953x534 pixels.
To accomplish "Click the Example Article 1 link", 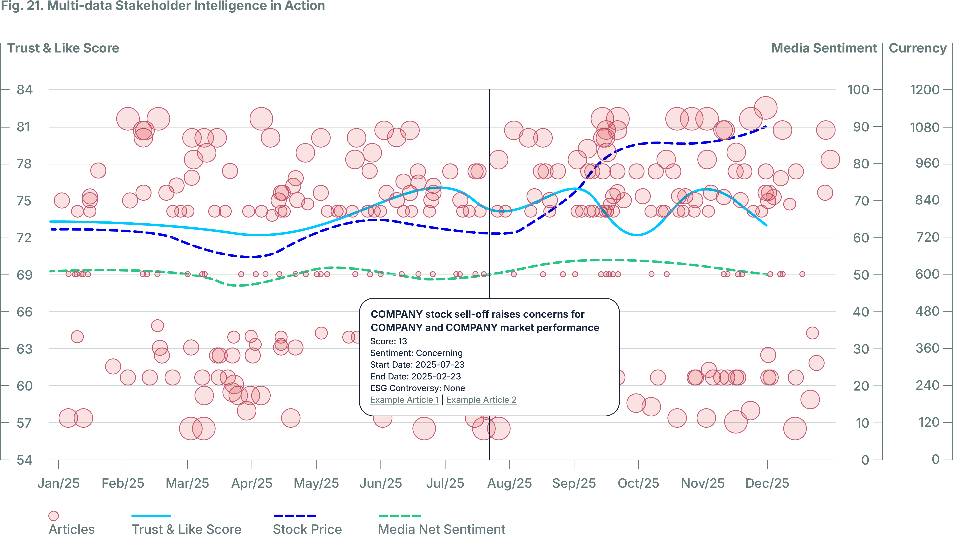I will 404,400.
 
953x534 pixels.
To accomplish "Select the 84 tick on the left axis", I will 25,89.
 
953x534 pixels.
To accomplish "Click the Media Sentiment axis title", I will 824,48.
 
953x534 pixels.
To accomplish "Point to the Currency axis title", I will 917,48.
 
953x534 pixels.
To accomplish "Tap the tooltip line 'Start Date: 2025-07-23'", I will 417,365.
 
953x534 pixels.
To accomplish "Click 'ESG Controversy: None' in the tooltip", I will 417,388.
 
